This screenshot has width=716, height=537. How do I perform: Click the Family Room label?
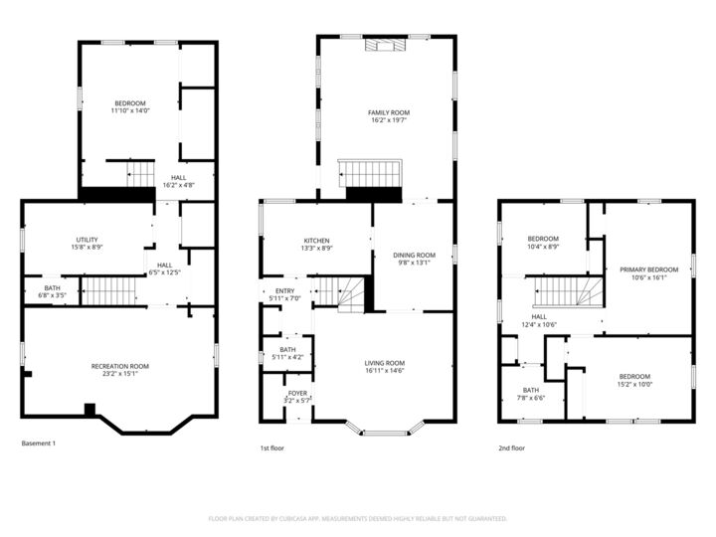[x=388, y=112]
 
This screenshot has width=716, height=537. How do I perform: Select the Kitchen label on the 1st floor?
[x=317, y=241]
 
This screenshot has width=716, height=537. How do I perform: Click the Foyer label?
[x=297, y=393]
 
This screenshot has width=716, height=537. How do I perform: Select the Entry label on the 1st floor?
[x=285, y=291]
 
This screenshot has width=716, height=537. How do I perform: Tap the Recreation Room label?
[x=119, y=366]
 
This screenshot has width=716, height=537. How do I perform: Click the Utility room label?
[x=87, y=240]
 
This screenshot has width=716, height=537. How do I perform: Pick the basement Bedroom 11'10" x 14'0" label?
[x=129, y=103]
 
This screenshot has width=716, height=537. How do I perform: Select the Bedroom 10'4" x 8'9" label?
[x=543, y=239]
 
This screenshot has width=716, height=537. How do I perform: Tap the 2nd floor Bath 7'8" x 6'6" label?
[x=531, y=390]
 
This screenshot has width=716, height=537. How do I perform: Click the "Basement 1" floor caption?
[x=39, y=443]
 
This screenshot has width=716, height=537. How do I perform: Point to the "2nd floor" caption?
[x=511, y=448]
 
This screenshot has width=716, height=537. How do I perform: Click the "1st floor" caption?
[x=272, y=448]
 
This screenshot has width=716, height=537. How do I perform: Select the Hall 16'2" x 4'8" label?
[x=178, y=178]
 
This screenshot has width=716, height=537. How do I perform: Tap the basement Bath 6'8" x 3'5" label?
[x=52, y=288]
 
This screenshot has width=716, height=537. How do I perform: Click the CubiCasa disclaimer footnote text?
[x=358, y=518]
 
